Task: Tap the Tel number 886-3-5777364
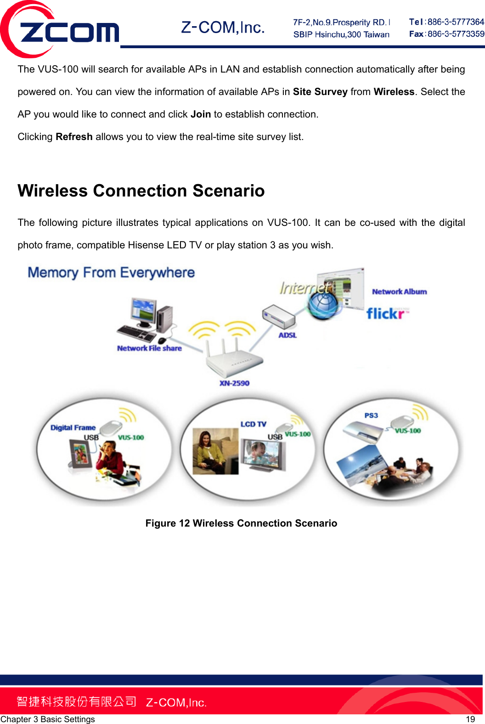455,22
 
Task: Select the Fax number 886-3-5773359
455,34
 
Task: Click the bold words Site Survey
320,92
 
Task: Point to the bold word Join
201,114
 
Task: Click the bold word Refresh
74,137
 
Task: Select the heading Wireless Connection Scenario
141,191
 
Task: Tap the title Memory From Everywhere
111,273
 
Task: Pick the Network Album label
399,292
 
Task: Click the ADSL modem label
288,335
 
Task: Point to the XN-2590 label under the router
234,383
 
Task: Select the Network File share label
149,348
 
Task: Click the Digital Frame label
73,427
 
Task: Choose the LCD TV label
253,424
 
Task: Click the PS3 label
371,415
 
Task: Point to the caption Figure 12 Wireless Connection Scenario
241,523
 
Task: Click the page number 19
470,719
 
